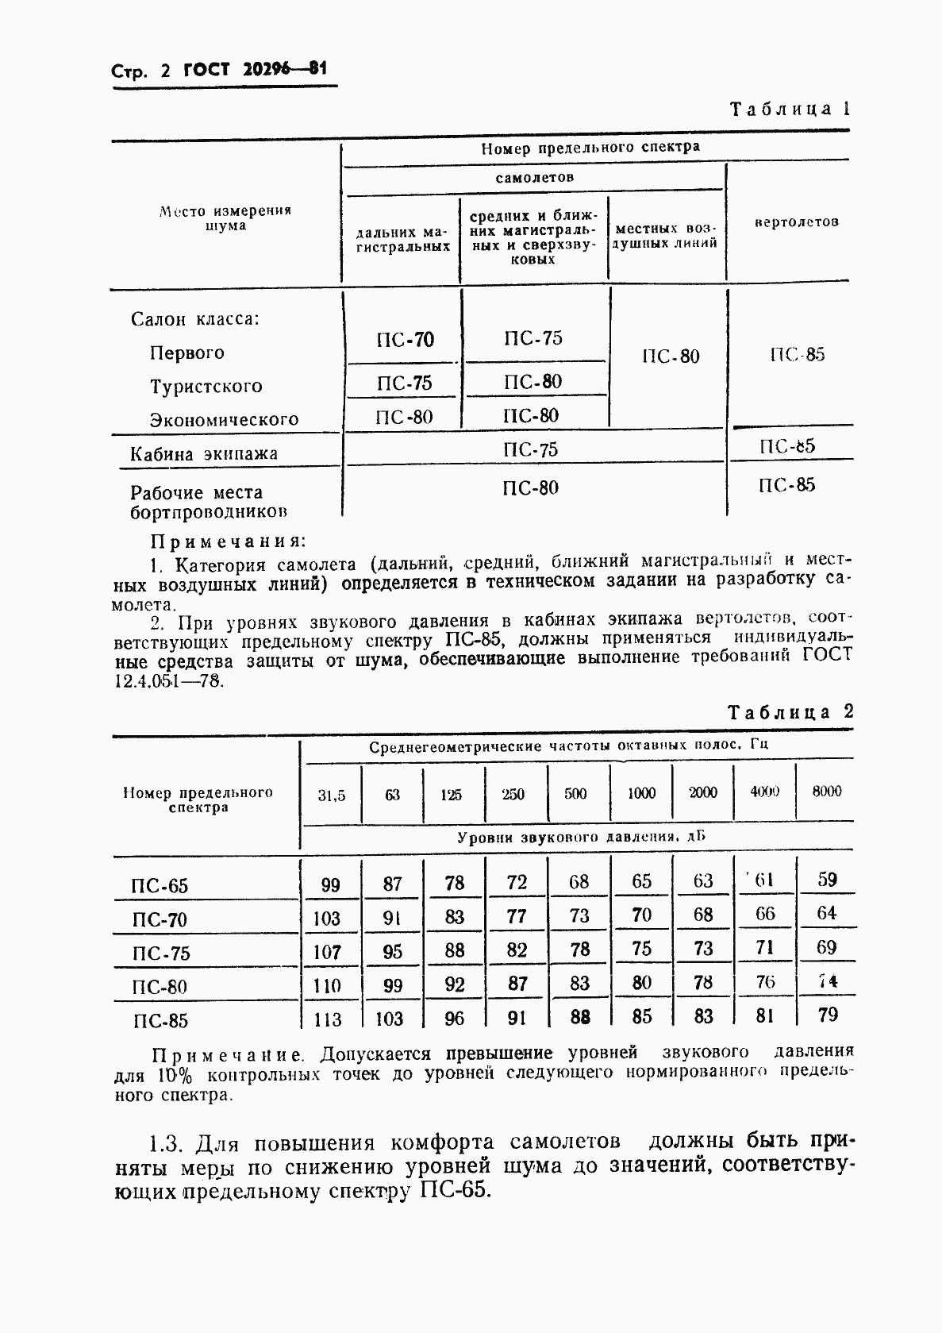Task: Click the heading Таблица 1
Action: click(790, 109)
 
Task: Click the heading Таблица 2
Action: click(790, 712)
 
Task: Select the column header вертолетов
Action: click(796, 222)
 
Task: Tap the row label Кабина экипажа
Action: click(204, 454)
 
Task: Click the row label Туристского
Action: click(206, 387)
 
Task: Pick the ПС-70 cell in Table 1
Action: click(405, 341)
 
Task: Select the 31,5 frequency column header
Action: click(332, 795)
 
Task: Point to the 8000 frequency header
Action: click(826, 791)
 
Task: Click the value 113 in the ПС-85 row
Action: click(327, 1019)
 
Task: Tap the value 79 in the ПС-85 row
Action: click(826, 1015)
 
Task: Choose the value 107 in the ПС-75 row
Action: click(327, 951)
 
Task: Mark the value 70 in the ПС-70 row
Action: click(641, 915)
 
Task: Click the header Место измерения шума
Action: click(225, 218)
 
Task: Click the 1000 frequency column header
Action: click(641, 792)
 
